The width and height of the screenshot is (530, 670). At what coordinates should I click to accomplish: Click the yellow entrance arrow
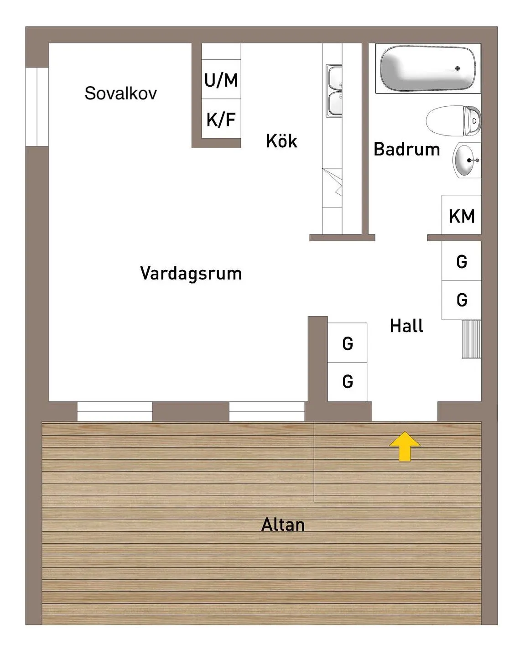pos(405,446)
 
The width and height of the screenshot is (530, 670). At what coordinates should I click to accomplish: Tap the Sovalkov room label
pos(121,93)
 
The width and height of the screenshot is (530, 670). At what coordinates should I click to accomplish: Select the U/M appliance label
pos(221,80)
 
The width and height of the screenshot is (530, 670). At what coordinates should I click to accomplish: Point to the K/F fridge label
pos(221,119)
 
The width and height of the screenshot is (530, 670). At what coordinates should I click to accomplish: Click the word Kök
pos(281,141)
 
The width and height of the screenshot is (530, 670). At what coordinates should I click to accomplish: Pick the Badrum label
pos(407,149)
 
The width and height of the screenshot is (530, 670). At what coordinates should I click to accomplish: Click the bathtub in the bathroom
pos(428,68)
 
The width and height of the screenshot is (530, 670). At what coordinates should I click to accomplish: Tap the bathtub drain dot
pos(457,68)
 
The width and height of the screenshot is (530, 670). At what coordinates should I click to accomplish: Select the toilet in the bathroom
pos(453,120)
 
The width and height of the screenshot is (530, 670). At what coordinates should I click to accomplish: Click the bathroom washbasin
pos(467,161)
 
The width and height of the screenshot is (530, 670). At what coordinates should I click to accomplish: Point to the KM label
pos(462,216)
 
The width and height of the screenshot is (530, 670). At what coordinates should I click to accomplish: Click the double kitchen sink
pos(334,91)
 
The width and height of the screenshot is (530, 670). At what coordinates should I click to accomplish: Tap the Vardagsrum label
pos(191,274)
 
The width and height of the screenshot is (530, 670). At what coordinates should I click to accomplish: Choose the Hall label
pos(407,326)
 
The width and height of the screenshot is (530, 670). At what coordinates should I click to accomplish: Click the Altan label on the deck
pos(283,525)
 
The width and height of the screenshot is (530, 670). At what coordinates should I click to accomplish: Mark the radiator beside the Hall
pos(472,339)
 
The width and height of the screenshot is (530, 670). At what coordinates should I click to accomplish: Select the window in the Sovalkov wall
pos(37,106)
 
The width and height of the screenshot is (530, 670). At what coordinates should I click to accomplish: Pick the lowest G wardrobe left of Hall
pos(347,382)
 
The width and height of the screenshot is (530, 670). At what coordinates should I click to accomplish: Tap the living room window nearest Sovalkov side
pos(114,411)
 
